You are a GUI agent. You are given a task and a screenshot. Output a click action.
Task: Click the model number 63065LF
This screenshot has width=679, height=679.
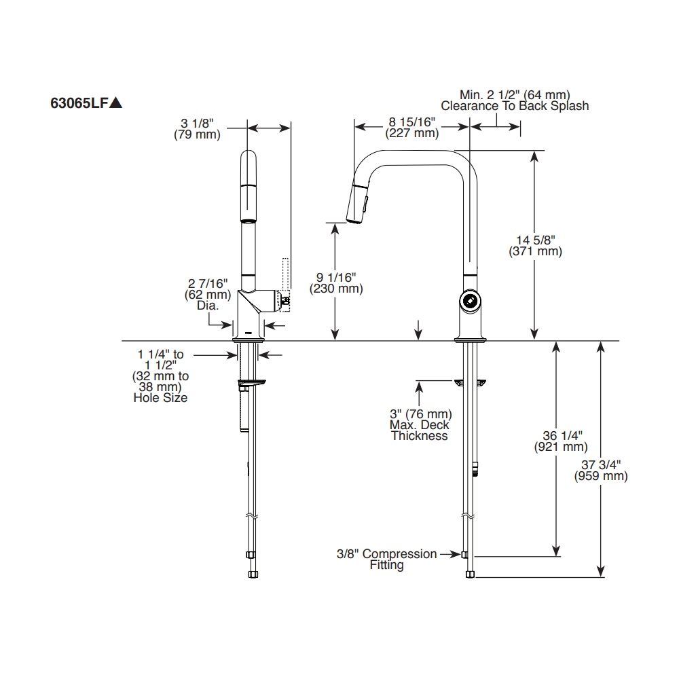pos(79,103)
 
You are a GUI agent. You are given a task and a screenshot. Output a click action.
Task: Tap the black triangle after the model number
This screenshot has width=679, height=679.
pos(115,103)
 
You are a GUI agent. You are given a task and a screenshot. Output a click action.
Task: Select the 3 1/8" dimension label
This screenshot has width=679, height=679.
pos(197,124)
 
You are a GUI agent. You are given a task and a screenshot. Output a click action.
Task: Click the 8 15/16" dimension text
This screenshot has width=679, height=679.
pos(412,122)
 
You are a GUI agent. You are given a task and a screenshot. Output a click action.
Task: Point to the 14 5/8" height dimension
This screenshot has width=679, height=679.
pos(535,240)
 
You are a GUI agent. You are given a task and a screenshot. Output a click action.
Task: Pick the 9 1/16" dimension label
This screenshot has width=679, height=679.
pos(336,278)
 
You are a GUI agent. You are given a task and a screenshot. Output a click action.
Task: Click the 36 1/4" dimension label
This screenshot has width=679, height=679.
pos(562,436)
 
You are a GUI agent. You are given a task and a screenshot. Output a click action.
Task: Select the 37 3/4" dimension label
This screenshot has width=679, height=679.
pos(601,465)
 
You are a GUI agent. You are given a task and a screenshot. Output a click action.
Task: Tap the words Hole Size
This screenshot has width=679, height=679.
pos(160,398)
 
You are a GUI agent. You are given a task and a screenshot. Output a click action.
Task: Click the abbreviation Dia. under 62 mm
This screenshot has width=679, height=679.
pos(208,306)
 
